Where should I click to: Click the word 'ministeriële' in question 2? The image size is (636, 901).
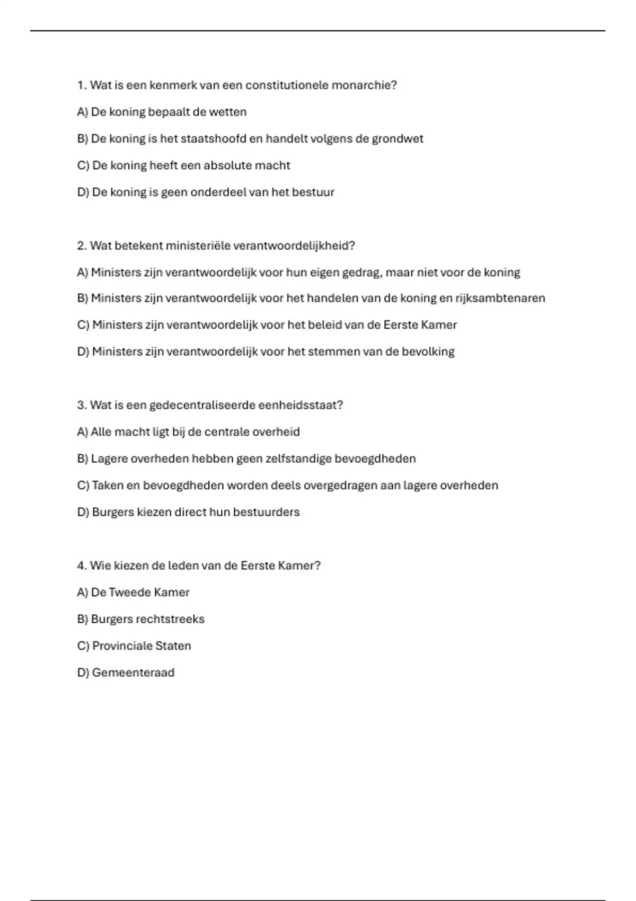[198, 246]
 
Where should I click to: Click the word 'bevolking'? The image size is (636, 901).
[428, 352]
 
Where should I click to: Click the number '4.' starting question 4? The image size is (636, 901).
[82, 566]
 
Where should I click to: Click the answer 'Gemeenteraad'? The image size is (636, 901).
[133, 673]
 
